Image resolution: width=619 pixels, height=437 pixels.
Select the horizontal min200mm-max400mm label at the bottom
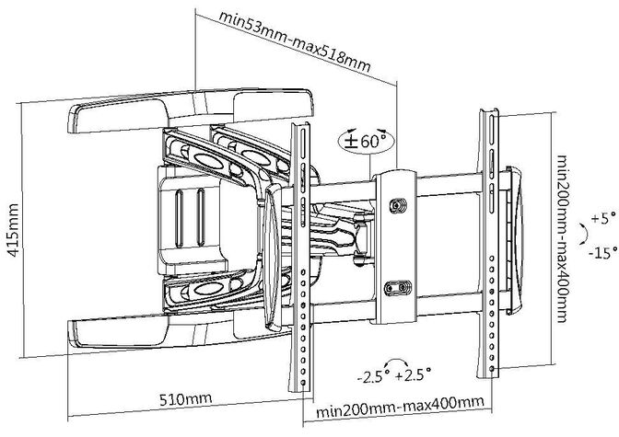(x=400, y=404)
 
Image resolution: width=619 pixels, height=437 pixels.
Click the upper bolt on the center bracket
(x=398, y=206)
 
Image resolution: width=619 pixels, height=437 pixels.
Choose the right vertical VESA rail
(x=487, y=241)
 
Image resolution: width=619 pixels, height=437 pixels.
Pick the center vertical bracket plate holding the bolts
(x=397, y=247)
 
